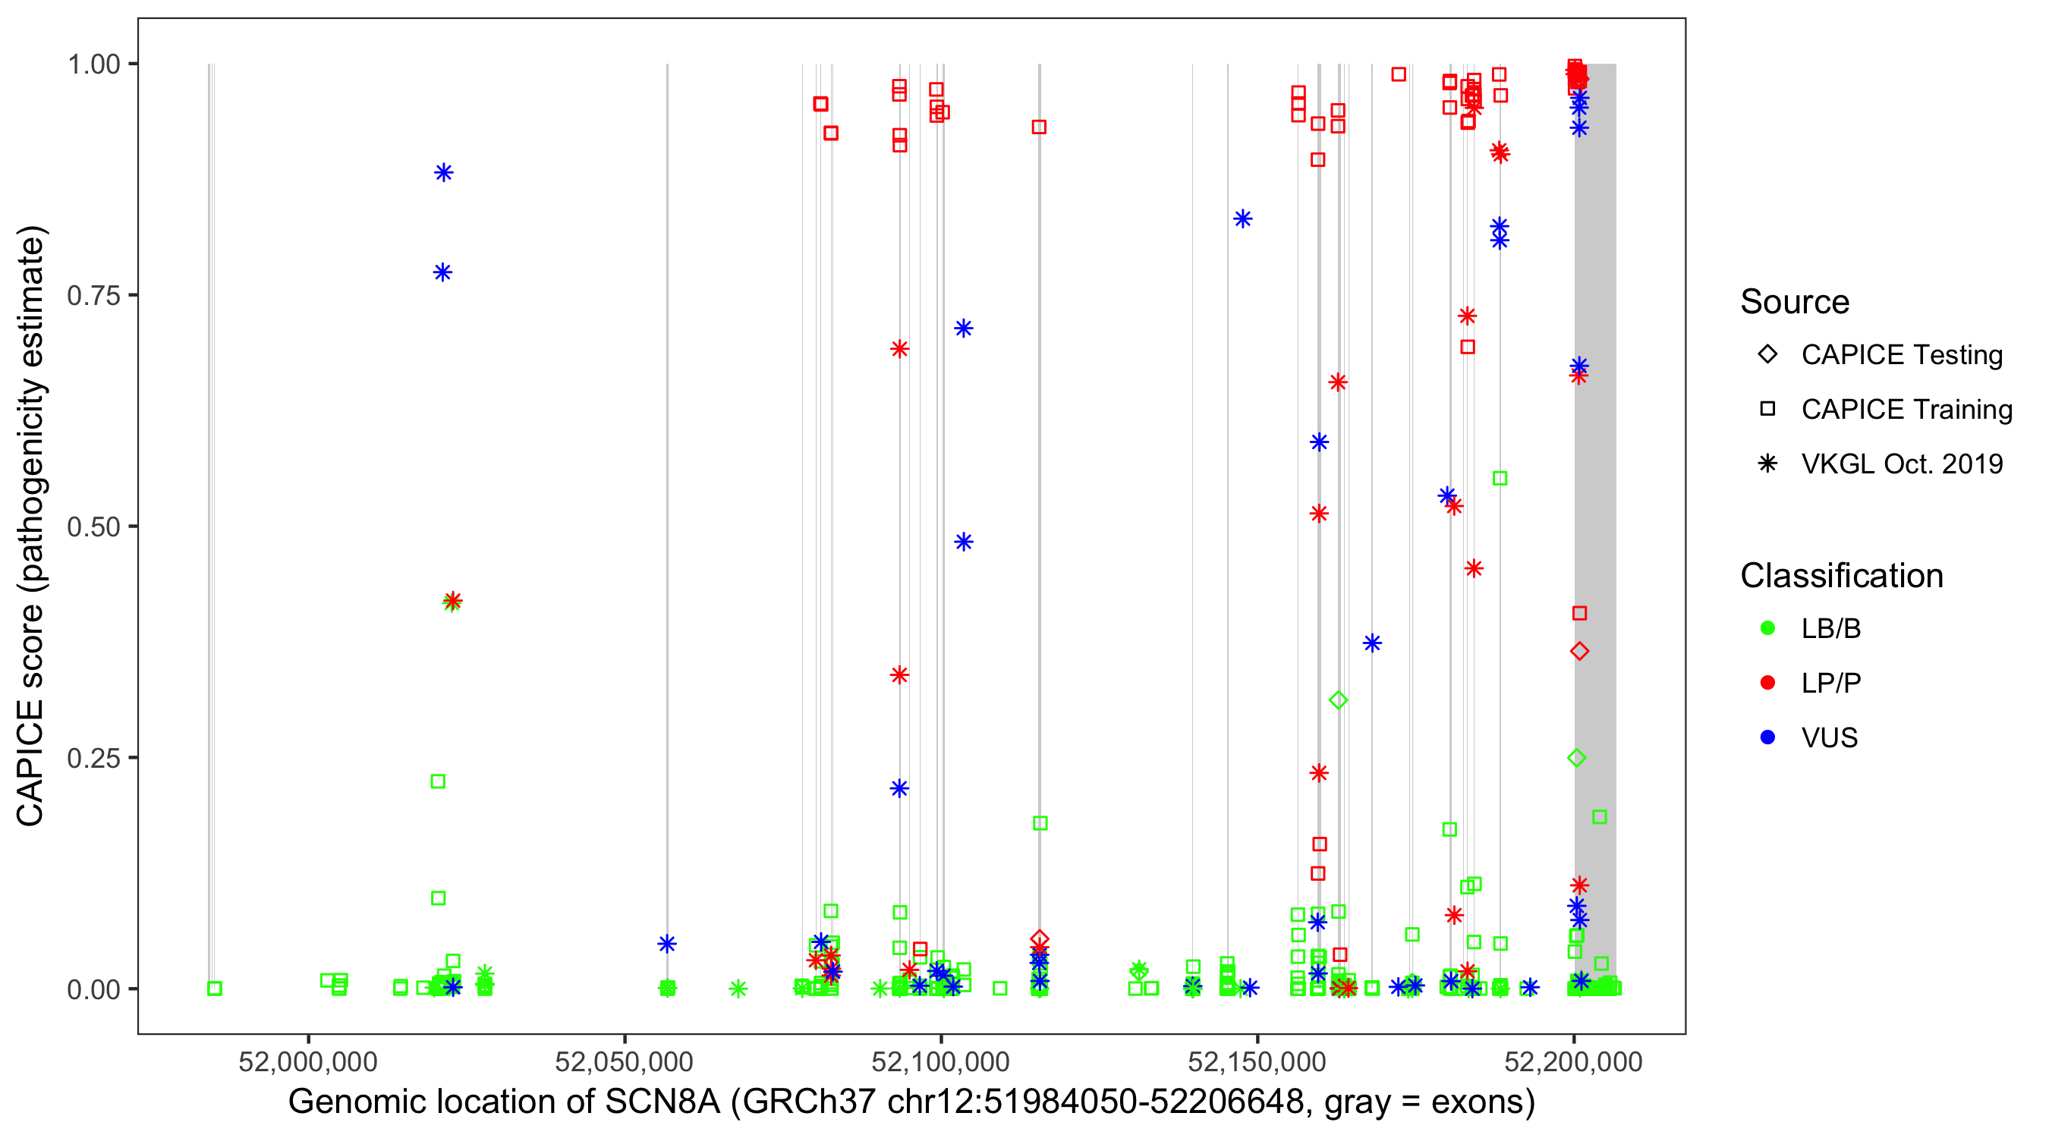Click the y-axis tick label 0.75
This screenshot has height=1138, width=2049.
point(93,295)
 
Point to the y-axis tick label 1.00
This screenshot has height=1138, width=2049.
point(93,64)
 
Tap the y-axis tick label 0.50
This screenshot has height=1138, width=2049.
point(93,527)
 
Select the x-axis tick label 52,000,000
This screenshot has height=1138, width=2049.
point(308,1061)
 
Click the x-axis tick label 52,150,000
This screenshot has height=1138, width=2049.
point(1257,1061)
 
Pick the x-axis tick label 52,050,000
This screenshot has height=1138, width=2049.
point(625,1061)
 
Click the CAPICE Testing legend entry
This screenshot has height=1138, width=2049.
point(1901,355)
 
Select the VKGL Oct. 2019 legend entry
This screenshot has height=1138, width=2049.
point(1901,464)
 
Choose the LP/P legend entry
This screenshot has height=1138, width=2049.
point(1830,683)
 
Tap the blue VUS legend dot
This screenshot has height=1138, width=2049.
point(1768,737)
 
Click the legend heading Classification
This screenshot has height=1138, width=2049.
point(1841,576)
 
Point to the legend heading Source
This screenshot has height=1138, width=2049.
point(1795,302)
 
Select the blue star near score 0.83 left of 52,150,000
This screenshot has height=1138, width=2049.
point(1242,218)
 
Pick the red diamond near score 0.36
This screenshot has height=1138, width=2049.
point(1580,651)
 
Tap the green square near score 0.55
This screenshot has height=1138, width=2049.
point(1500,479)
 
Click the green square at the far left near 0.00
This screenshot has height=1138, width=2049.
point(215,989)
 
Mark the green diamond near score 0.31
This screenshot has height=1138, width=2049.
point(1338,699)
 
